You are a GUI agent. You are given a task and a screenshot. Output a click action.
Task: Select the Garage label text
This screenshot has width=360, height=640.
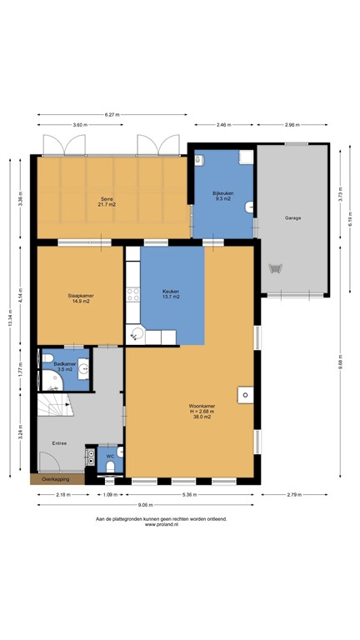coord(292,217)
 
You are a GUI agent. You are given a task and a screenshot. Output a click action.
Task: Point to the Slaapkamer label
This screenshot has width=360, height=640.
coord(79,297)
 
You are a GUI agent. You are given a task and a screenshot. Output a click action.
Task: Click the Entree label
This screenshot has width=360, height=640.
coord(57,443)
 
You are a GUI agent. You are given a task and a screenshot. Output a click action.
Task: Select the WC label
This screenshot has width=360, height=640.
coord(109,456)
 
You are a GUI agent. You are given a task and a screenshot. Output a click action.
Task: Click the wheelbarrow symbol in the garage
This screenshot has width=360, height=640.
coord(276,268)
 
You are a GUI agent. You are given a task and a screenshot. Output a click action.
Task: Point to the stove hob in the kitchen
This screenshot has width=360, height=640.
coord(131,294)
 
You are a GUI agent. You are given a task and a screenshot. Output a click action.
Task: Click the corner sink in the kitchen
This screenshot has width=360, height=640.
coord(137,333)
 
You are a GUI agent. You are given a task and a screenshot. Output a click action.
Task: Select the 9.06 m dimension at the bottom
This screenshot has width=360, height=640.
coord(146,504)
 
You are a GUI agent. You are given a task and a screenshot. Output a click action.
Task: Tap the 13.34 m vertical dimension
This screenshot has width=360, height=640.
coord(11,317)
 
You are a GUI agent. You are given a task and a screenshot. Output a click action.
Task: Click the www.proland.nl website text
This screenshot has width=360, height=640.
coord(161,525)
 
